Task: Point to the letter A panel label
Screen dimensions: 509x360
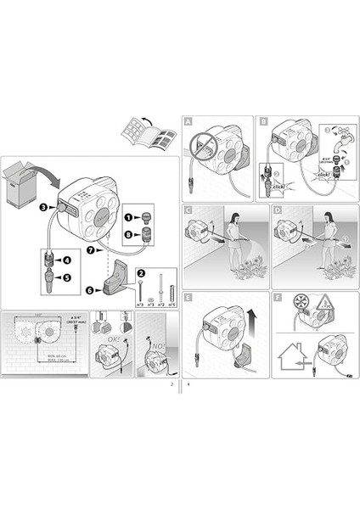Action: pos(188,122)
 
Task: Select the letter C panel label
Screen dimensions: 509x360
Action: pos(188,210)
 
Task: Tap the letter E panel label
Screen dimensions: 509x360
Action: pos(188,297)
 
